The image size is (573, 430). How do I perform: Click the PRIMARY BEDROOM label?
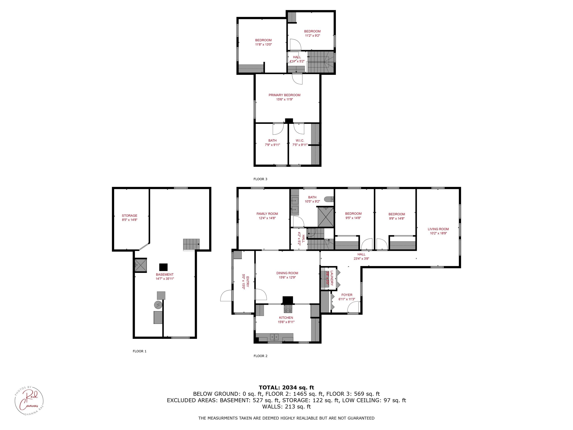pyautogui.click(x=284, y=95)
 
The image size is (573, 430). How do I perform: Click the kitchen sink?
pyautogui.click(x=274, y=337)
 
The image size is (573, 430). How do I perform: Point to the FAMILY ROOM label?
pyautogui.click(x=267, y=214)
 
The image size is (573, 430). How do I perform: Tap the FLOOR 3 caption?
pyautogui.click(x=260, y=179)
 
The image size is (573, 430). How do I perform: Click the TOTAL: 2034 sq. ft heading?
pyautogui.click(x=286, y=388)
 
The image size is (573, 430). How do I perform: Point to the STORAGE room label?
pyautogui.click(x=129, y=216)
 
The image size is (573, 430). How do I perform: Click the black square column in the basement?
pyautogui.click(x=163, y=267)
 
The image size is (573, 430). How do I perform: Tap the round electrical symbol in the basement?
pyautogui.click(x=158, y=305)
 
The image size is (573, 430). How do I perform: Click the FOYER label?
pyautogui.click(x=347, y=295)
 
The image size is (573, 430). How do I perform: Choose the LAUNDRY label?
pyautogui.click(x=332, y=278)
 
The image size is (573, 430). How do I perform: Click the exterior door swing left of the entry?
pyautogui.click(x=226, y=296)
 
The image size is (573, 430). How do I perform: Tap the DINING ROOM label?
pyautogui.click(x=287, y=273)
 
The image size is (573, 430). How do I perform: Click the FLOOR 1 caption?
pyautogui.click(x=140, y=351)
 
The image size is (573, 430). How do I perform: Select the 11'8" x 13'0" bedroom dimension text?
pyautogui.click(x=263, y=45)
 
